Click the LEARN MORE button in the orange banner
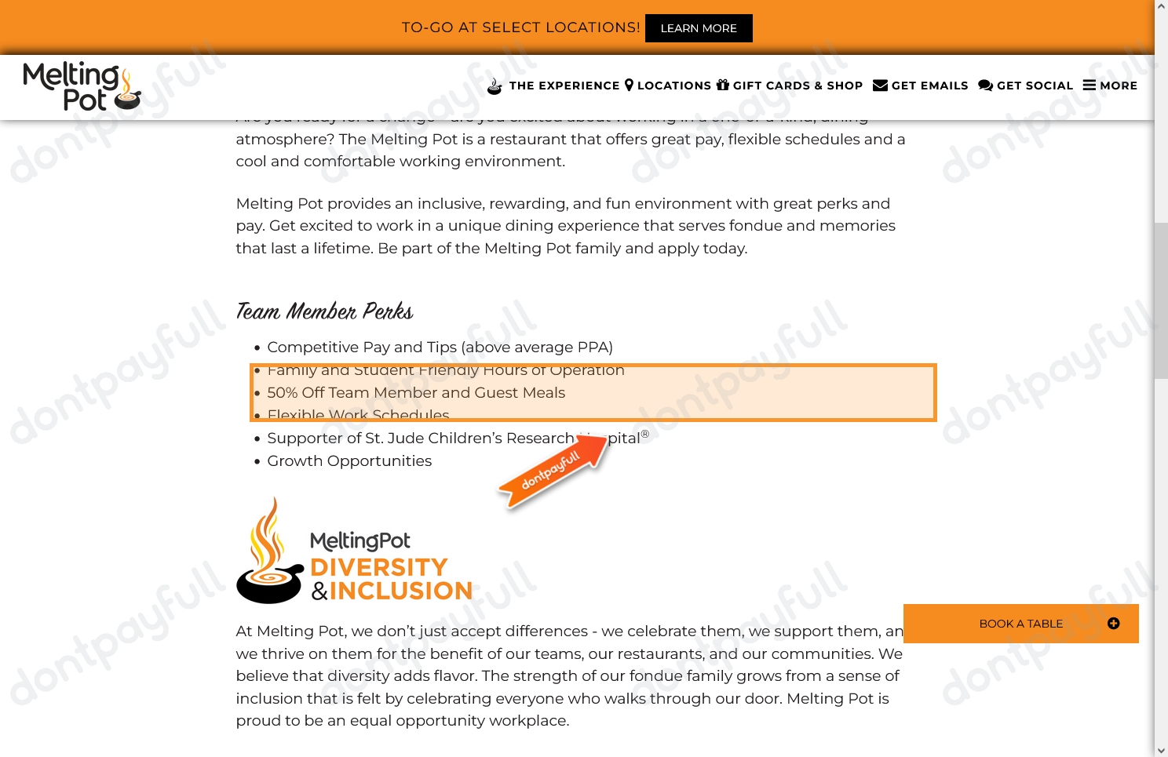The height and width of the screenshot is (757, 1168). (x=699, y=28)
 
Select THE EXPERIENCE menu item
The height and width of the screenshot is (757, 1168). (x=564, y=86)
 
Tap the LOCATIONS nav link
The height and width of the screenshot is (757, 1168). (x=673, y=86)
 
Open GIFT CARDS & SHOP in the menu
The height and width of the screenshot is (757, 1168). (x=798, y=86)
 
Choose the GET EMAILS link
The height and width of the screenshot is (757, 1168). (x=929, y=86)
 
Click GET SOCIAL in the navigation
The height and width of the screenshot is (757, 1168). (x=1034, y=86)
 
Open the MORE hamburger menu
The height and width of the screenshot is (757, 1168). (x=1110, y=86)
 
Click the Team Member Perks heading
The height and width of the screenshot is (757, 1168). (x=324, y=311)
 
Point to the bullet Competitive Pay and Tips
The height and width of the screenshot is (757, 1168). (x=440, y=348)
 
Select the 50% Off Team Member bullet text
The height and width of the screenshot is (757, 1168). (x=416, y=393)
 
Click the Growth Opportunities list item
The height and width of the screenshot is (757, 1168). (x=349, y=461)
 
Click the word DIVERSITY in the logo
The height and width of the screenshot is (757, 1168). (x=379, y=567)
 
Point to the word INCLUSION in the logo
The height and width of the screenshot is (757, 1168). (x=400, y=591)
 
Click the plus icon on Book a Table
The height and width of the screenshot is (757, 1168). (x=1113, y=624)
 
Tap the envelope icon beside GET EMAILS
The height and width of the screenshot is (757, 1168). (x=880, y=86)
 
